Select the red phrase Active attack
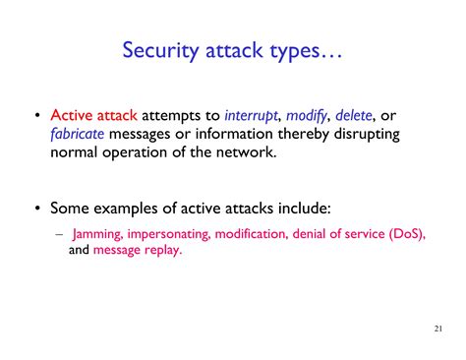pos(92,114)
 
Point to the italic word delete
pos(358,114)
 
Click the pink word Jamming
pos(98,233)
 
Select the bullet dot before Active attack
pos(37,115)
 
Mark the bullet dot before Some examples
pos(37,209)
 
